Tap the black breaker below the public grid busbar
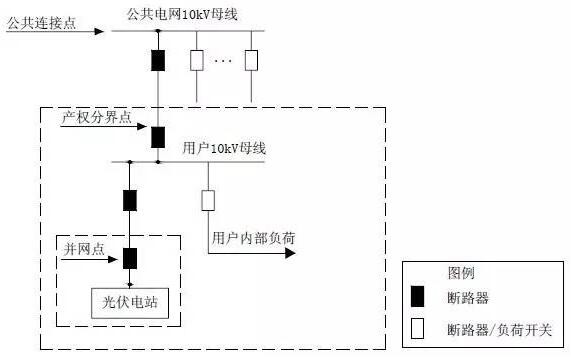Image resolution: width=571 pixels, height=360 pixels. (x=158, y=60)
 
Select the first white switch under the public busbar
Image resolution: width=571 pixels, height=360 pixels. (x=197, y=60)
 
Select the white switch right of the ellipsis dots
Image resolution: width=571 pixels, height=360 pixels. (x=251, y=60)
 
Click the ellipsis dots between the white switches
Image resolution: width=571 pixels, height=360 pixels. (x=223, y=61)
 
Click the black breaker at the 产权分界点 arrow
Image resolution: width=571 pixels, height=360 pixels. (x=158, y=136)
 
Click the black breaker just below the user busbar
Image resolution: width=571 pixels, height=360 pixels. (x=129, y=199)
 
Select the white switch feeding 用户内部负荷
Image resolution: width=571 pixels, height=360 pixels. (x=208, y=199)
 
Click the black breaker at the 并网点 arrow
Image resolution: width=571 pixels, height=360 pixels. (x=129, y=258)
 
